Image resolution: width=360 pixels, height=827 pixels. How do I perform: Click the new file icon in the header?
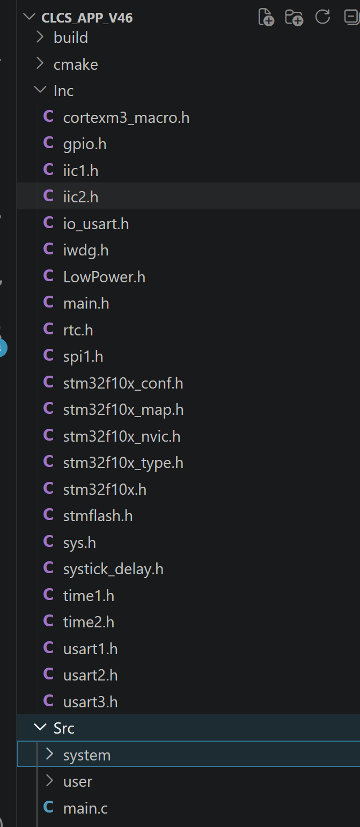click(x=266, y=17)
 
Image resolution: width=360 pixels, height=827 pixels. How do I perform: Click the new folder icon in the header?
click(x=294, y=17)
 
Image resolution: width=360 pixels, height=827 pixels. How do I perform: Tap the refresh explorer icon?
click(x=322, y=17)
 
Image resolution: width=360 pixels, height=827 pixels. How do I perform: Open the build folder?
click(x=70, y=38)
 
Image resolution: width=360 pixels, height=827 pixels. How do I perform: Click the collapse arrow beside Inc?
click(x=40, y=90)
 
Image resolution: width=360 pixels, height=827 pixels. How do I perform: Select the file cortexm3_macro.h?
click(x=126, y=118)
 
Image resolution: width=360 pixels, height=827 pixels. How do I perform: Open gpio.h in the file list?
click(x=85, y=144)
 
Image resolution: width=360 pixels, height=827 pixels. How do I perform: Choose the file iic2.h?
click(x=81, y=197)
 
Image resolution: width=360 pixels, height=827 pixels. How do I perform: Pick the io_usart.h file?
click(x=96, y=224)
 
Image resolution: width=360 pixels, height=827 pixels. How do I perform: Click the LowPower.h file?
click(x=104, y=277)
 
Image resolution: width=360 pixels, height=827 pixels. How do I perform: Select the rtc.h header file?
click(x=78, y=330)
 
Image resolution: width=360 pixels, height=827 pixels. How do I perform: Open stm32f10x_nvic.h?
click(x=122, y=436)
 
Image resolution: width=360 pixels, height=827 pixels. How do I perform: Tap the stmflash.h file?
click(x=98, y=516)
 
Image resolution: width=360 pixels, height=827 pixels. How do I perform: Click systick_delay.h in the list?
click(x=113, y=569)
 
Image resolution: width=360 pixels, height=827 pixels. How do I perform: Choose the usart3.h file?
click(x=91, y=702)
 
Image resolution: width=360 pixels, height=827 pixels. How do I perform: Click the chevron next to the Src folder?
click(x=40, y=727)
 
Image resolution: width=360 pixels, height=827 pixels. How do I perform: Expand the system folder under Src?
click(x=87, y=756)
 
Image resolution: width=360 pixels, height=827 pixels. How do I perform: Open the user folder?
click(x=78, y=781)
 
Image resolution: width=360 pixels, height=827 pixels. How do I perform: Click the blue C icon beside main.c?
click(x=48, y=807)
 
